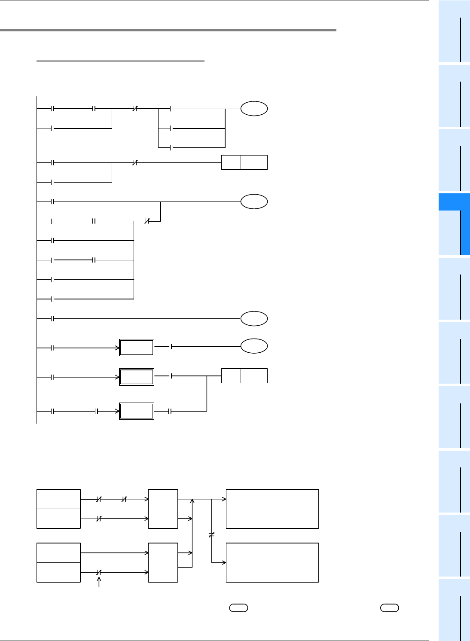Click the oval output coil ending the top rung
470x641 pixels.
click(254, 109)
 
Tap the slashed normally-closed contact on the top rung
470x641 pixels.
click(134, 109)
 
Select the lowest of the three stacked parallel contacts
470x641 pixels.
click(171, 148)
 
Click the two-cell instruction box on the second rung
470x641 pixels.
click(244, 162)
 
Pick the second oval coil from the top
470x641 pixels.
click(254, 201)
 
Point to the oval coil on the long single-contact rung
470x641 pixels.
click(254, 319)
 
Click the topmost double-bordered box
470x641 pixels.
click(137, 347)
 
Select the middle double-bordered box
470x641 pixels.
click(137, 377)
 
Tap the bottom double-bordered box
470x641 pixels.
click(137, 411)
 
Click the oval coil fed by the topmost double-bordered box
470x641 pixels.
click(254, 346)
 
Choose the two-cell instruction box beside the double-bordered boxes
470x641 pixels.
click(244, 376)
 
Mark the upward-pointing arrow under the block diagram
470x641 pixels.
click(99, 582)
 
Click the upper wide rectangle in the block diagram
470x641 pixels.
click(272, 509)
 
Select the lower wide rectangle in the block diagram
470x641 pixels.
click(272, 562)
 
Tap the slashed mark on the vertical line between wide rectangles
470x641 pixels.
click(211, 535)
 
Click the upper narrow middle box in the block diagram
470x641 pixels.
click(163, 509)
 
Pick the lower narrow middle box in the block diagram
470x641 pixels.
click(163, 562)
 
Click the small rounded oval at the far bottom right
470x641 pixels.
click(390, 607)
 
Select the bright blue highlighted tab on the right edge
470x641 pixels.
click(454, 224)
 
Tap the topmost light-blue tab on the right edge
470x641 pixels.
click(454, 31)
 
